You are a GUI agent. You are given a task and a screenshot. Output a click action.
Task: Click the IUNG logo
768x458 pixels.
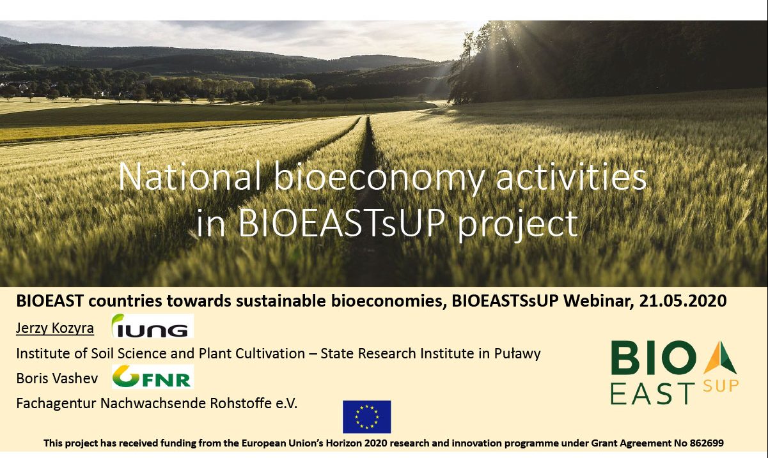153,326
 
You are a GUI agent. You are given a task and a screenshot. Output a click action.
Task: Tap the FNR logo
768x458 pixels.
153,376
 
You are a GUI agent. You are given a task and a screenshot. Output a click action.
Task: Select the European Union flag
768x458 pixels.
367,417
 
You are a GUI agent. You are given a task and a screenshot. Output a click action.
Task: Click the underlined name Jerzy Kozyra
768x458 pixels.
55,328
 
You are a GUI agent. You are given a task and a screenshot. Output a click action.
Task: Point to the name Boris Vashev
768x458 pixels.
57,378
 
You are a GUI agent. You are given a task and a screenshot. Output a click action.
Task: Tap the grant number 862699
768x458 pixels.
707,443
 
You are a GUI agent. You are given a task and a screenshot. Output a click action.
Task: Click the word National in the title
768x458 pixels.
190,177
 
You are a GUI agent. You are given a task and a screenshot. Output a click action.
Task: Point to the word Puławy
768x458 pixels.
517,354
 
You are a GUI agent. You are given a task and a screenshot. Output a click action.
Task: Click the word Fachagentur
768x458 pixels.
56,404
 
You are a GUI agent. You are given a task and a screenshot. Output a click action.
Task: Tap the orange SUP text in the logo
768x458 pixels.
721,386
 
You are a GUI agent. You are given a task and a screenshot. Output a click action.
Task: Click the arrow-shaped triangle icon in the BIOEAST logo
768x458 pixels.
720,357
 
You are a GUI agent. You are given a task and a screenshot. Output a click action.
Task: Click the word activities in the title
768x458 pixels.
572,177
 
